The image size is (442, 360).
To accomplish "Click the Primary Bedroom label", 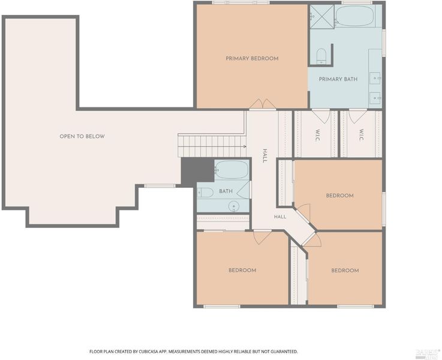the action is tap(252, 59).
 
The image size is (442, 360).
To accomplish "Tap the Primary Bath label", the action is tap(338, 79).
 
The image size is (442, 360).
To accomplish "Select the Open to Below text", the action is tap(82, 136).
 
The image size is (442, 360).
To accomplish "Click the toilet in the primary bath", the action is tap(321, 56).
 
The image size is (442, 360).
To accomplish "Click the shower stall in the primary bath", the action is tap(322, 16).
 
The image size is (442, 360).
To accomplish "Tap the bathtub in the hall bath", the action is tap(231, 170).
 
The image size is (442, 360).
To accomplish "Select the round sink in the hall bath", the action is tap(234, 206).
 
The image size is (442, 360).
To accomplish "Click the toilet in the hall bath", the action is tap(205, 193).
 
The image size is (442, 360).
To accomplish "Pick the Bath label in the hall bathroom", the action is tap(225, 191).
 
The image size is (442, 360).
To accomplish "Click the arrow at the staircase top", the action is tap(245, 146).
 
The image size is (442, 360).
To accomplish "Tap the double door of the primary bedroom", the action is tap(263, 104).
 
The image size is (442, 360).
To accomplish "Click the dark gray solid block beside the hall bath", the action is tap(197, 172).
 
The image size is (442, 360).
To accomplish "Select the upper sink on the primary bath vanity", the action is tap(375, 77).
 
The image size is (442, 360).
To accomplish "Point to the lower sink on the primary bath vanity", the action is tap(375, 98).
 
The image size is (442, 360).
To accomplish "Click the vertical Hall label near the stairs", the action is tap(264, 156).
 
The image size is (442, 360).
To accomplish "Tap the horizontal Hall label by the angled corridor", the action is tap(280, 217).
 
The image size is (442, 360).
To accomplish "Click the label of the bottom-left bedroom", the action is tap(242, 271).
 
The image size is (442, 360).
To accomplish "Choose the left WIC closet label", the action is tap(318, 136).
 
